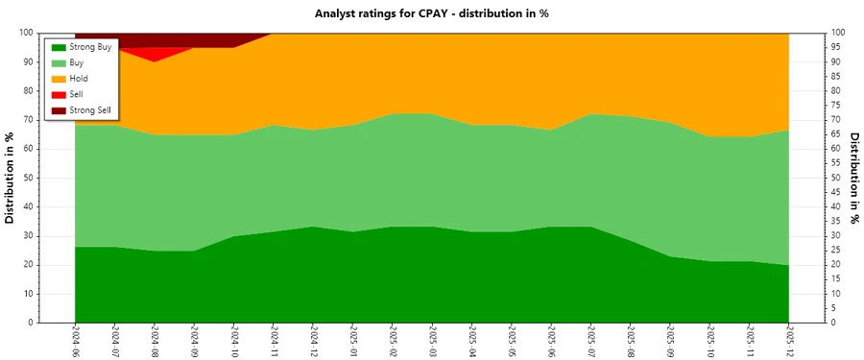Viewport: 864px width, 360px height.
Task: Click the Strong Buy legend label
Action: [x=91, y=46]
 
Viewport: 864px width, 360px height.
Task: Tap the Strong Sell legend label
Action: [x=91, y=110]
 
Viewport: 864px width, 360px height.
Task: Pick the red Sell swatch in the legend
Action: [x=59, y=94]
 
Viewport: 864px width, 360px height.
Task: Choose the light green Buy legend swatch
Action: [x=59, y=62]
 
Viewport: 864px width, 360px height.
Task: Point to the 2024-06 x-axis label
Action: [x=75, y=341]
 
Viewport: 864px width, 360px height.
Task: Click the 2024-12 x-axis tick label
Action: [x=313, y=341]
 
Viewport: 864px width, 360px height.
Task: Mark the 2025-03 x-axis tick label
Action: [x=432, y=341]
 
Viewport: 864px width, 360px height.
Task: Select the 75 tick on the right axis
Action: [x=836, y=106]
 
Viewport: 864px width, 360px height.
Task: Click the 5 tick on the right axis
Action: [x=834, y=308]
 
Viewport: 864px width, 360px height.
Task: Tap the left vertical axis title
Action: [x=12, y=178]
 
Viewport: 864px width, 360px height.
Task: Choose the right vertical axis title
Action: [x=852, y=178]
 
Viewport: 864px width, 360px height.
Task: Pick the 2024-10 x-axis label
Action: [x=233, y=341]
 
